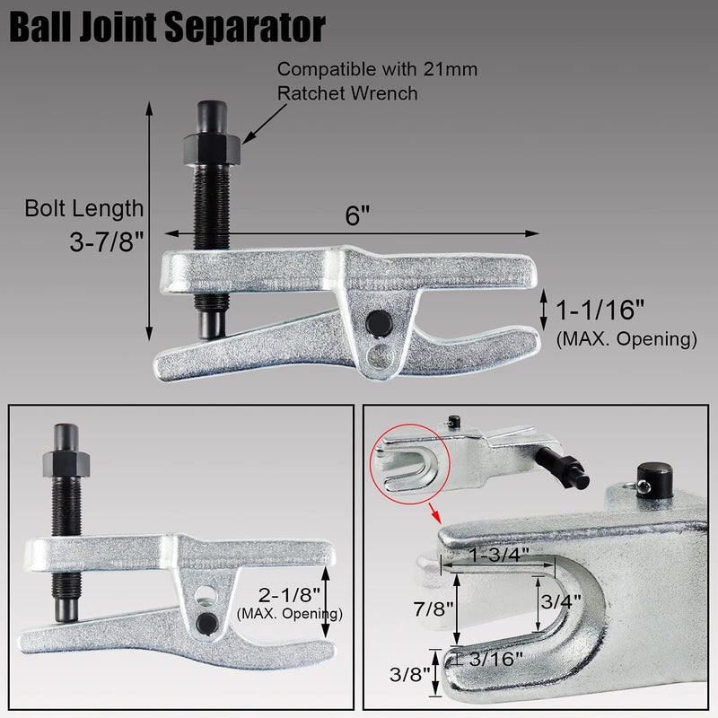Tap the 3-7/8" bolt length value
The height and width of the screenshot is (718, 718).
coord(106,243)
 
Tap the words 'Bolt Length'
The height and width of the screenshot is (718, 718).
coord(84,209)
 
